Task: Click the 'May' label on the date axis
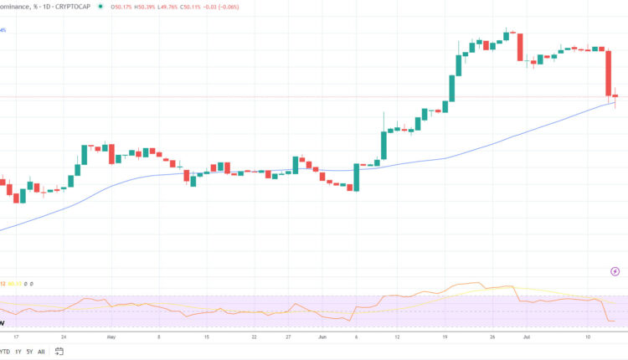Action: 111,337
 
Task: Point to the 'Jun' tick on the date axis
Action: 322,337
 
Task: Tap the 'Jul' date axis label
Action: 527,337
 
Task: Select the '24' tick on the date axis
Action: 63,337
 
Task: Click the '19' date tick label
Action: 445,337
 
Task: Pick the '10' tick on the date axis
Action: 589,337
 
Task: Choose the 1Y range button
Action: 17,352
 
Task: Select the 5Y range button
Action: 29,352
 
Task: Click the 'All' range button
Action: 42,352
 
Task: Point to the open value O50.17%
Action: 124,7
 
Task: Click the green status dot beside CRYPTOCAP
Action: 101,7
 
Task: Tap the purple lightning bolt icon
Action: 615,271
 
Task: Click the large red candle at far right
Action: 609,73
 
